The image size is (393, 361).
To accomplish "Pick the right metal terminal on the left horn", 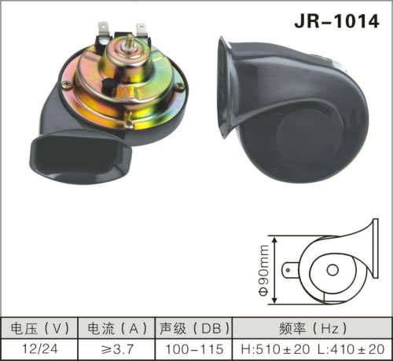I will pos(141,31).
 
